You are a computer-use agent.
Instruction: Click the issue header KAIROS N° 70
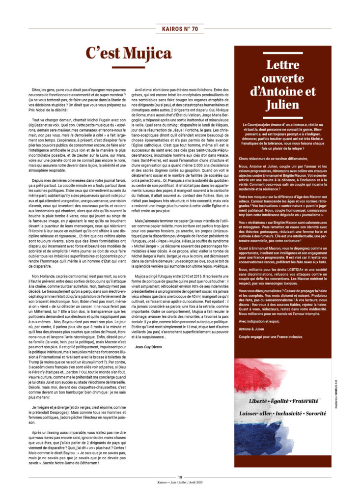(x=180, y=29)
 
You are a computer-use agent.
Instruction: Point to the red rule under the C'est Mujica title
(x=128, y=67)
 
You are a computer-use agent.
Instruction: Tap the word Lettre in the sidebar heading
(x=282, y=65)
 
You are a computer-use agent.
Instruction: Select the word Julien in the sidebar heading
(x=283, y=104)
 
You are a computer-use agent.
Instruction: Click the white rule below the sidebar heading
(x=283, y=118)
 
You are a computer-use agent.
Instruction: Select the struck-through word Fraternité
(x=308, y=401)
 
